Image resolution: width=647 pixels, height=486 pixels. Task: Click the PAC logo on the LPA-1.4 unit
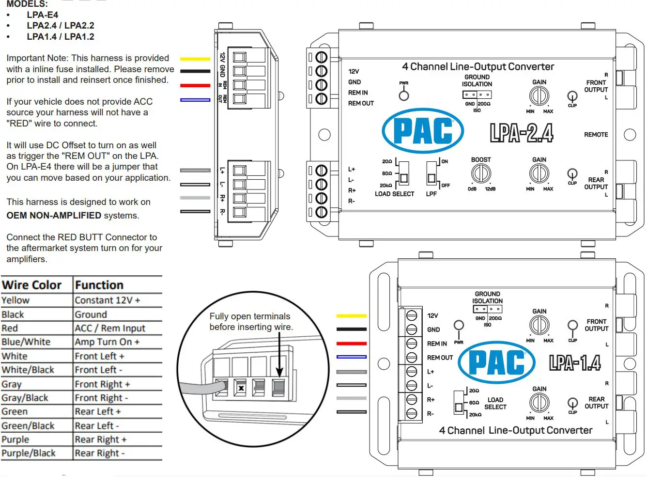tap(496, 362)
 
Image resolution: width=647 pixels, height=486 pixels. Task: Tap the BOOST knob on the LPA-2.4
tap(481, 173)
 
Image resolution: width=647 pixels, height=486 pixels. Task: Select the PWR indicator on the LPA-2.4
tap(404, 95)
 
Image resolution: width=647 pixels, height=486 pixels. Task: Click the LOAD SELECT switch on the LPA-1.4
tap(459, 403)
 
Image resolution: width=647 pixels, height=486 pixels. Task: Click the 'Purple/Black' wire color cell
tap(29, 454)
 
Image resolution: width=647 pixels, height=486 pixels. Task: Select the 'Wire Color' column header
tap(32, 285)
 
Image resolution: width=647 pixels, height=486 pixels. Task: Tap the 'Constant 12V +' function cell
tap(107, 300)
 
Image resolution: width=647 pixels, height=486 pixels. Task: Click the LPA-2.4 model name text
tap(522, 133)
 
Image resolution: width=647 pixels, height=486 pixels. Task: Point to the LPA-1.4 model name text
tap(575, 362)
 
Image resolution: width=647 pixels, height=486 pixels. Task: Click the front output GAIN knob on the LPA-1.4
tap(539, 325)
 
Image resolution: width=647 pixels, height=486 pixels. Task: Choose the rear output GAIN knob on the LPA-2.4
tap(539, 173)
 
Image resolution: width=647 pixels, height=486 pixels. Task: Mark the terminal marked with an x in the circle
tap(241, 388)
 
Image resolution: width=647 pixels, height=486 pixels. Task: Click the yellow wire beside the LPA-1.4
tap(352, 316)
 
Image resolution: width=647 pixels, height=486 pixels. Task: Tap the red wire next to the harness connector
tap(195, 86)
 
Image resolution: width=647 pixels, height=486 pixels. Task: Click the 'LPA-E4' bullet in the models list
tap(42, 15)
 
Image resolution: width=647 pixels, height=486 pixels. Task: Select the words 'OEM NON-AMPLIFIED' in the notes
tap(54, 216)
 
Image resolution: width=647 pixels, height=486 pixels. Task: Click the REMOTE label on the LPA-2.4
tap(596, 135)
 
